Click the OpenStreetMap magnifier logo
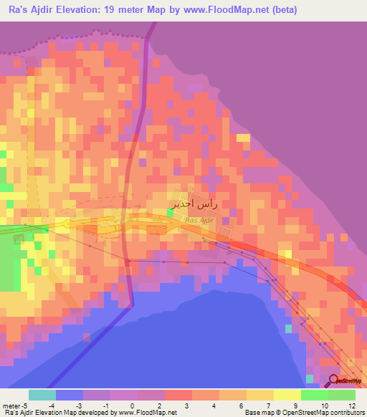point(334,380)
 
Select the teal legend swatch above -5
point(42,395)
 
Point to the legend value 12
point(351,406)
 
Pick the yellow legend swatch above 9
point(287,395)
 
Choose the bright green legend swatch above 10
point(315,395)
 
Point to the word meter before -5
point(11,406)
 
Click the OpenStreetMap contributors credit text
point(322,413)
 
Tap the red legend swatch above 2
point(178,395)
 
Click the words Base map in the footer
point(259,413)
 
